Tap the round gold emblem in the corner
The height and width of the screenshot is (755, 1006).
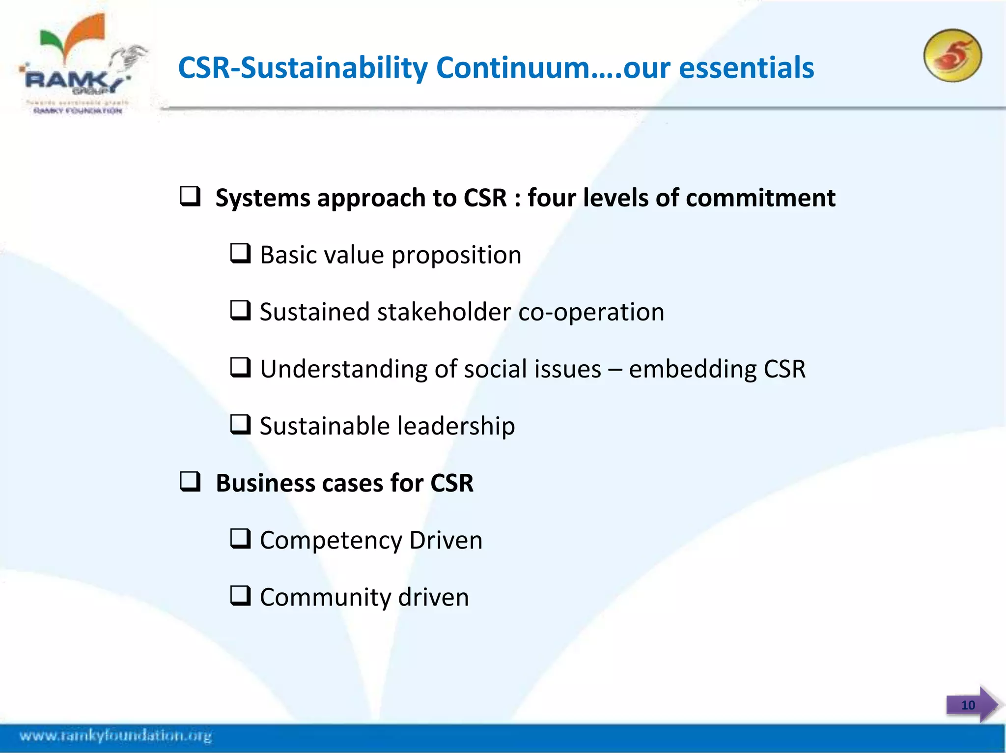(x=952, y=56)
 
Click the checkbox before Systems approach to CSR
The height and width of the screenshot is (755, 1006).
(x=190, y=196)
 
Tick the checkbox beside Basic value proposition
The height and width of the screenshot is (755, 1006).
(x=241, y=254)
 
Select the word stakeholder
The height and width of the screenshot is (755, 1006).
(x=444, y=312)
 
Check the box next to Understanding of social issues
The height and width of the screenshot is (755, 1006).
(x=241, y=368)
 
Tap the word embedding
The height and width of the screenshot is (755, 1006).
(x=693, y=369)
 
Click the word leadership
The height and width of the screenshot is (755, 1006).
(x=456, y=426)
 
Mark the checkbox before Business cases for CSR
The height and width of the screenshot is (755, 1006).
(x=190, y=482)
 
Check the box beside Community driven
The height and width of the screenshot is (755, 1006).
(x=241, y=596)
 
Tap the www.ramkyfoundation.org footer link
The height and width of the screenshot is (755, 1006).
(x=115, y=736)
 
